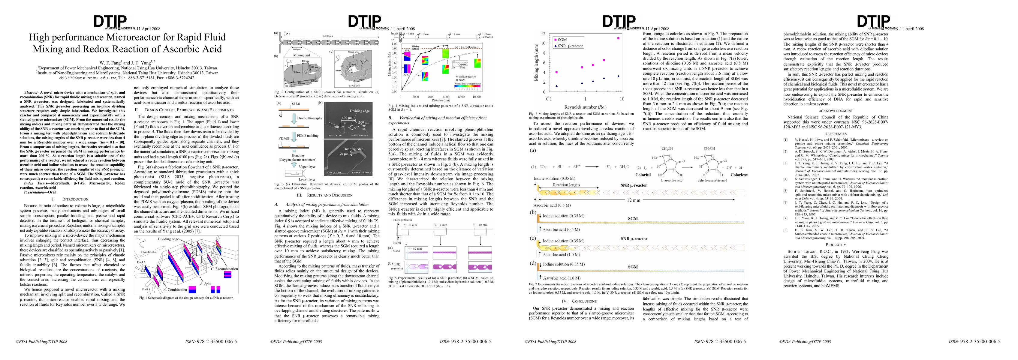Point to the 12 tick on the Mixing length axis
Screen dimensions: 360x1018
pyautogui.click(x=544, y=34)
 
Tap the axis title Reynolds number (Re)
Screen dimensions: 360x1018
pyautogui.click(x=585, y=107)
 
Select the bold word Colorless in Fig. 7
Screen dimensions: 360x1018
pyautogui.click(x=739, y=175)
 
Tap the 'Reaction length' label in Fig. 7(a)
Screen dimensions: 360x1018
pyautogui.click(x=566, y=185)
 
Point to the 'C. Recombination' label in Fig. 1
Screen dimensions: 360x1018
pyautogui.click(x=224, y=269)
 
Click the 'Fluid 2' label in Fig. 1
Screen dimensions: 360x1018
pyautogui.click(x=141, y=262)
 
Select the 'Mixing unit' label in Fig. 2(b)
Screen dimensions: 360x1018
pyautogui.click(x=301, y=55)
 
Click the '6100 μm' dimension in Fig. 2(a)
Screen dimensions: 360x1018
pyautogui.click(x=328, y=36)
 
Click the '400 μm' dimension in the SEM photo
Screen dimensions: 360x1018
pyautogui.click(x=347, y=118)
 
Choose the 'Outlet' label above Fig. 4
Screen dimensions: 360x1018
pyautogui.click(x=489, y=37)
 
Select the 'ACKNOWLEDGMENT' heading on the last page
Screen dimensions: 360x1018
pyautogui.click(x=836, y=111)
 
